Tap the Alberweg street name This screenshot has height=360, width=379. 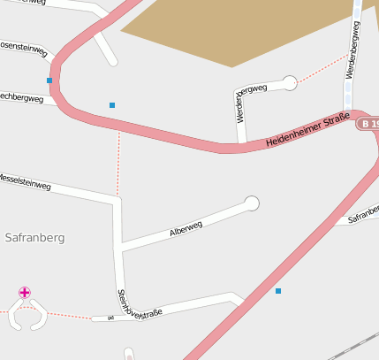coord(186,229)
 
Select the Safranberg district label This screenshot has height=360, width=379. coord(35,238)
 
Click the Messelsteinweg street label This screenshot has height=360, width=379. coord(25,181)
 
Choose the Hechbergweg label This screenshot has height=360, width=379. coord(21,98)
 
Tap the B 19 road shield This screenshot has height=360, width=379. coord(369,124)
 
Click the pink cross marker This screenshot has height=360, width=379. coord(25,293)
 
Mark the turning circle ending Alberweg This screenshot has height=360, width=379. coord(252,204)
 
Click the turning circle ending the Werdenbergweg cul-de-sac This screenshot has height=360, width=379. coord(290,83)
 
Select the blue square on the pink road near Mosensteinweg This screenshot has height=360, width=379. coord(49,80)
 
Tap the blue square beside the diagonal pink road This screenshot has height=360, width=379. coord(278,291)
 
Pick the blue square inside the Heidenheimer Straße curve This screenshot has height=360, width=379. coord(112,105)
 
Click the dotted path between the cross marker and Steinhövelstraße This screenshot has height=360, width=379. coord(66,315)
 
